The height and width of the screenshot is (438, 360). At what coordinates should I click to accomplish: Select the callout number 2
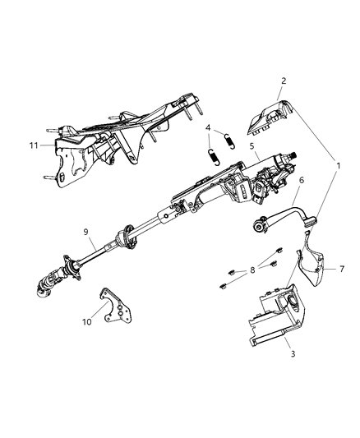coord(283,81)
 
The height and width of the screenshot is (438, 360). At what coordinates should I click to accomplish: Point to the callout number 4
coord(208,127)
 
